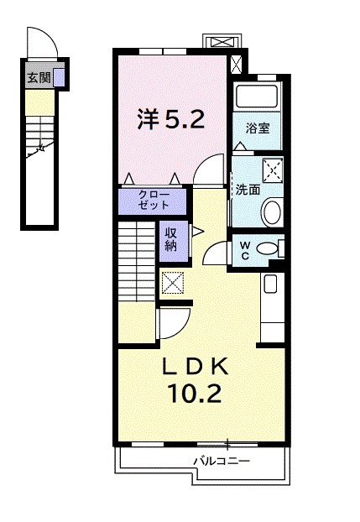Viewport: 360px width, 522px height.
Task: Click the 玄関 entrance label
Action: click(39, 79)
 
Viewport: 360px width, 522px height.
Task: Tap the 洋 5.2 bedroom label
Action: click(170, 120)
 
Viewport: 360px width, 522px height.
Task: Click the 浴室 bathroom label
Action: click(257, 128)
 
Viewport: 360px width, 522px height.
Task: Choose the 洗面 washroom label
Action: click(247, 190)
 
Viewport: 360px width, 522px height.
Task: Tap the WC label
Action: click(244, 249)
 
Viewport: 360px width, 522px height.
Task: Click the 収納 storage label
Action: click(170, 240)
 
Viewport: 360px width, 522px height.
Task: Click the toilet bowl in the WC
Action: click(268, 248)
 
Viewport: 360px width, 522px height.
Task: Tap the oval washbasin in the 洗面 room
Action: click(271, 212)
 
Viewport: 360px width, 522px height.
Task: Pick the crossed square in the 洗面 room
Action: click(272, 170)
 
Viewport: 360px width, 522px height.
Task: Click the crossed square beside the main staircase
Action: click(173, 284)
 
